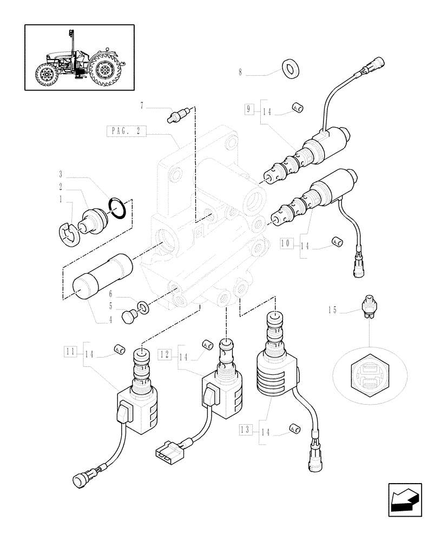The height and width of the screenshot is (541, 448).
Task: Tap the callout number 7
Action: (x=142, y=107)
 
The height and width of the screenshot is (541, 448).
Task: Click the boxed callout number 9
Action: (x=248, y=109)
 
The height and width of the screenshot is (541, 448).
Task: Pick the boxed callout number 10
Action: (x=285, y=243)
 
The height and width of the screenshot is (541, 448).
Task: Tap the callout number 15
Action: (x=332, y=310)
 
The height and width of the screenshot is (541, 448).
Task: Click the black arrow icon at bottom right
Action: (x=404, y=500)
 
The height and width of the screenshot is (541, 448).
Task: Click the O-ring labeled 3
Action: (x=119, y=208)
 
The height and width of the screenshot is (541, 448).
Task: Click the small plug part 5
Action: (x=129, y=317)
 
